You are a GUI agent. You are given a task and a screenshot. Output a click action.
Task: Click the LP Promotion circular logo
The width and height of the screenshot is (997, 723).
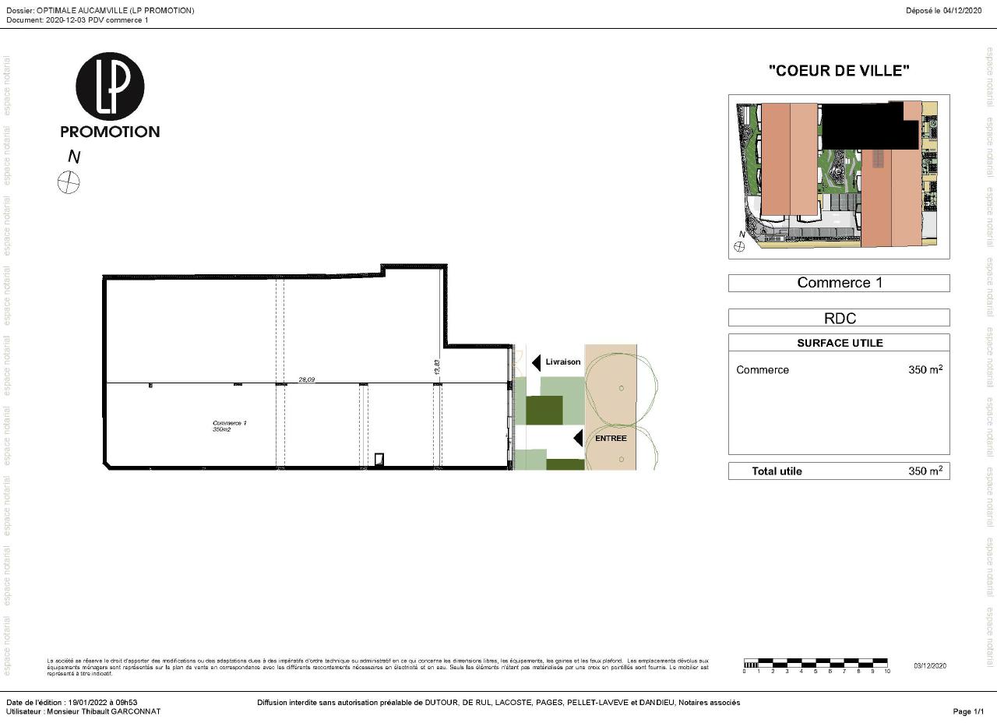[x=110, y=86]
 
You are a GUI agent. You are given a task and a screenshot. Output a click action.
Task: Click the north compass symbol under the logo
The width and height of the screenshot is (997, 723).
[x=69, y=183]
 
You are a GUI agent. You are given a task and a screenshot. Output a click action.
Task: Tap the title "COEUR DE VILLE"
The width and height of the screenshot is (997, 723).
[x=839, y=71]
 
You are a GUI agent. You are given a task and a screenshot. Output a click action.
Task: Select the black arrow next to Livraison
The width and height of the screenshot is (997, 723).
[x=536, y=363]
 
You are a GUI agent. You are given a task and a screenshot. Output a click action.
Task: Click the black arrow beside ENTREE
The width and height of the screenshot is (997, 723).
[x=578, y=439]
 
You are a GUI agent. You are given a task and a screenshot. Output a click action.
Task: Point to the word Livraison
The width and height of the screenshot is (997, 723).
[x=563, y=362]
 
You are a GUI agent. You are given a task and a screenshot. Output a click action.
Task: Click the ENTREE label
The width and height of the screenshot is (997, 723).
[x=611, y=438]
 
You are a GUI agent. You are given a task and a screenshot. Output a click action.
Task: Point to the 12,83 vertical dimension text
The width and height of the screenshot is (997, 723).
[x=437, y=367]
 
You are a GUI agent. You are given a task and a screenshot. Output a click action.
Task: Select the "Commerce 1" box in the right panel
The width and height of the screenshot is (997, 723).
[x=839, y=283]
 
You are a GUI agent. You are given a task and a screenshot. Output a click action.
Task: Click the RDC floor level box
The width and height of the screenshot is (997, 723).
[x=839, y=318]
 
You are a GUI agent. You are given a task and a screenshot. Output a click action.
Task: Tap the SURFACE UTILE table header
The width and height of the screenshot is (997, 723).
[x=839, y=343]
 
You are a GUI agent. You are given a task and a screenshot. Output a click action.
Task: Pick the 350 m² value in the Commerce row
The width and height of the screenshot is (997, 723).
[x=925, y=370]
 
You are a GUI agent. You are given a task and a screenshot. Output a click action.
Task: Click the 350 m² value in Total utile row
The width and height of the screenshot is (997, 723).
[x=925, y=471]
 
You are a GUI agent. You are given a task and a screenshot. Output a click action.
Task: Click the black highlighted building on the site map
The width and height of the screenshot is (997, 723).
[x=868, y=128]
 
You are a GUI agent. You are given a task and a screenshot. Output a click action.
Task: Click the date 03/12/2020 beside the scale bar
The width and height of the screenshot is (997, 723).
[x=930, y=666]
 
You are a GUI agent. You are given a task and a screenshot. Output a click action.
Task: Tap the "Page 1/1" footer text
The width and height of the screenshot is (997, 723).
[x=969, y=711]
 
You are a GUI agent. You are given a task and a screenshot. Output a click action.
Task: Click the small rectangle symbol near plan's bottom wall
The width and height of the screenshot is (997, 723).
[x=379, y=459]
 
